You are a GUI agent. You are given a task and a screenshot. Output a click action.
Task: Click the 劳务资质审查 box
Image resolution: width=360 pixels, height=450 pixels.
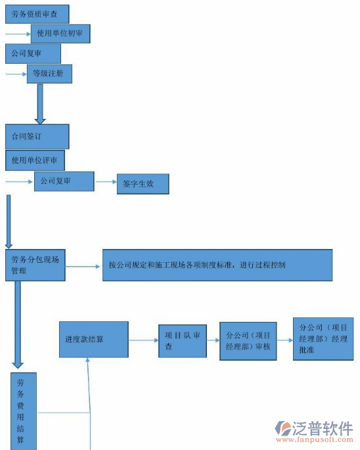(x=37, y=13)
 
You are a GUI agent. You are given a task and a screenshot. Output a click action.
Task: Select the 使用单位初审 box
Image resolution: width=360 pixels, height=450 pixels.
(x=60, y=34)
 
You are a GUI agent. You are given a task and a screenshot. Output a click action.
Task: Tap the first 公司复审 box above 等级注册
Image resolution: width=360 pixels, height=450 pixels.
(x=33, y=53)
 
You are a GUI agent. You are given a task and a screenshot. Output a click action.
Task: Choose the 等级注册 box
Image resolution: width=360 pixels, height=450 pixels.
(x=49, y=74)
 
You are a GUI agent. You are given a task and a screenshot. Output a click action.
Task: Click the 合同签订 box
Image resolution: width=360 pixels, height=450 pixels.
(x=37, y=136)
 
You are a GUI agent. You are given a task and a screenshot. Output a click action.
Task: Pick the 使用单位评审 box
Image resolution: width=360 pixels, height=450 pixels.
(x=35, y=160)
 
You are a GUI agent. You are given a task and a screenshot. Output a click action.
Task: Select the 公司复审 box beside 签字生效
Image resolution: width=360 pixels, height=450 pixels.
(x=64, y=181)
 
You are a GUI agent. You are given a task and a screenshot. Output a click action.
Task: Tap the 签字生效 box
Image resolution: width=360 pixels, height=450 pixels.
(x=142, y=184)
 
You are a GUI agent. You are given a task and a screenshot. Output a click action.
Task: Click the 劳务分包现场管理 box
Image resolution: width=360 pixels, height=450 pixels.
(x=35, y=265)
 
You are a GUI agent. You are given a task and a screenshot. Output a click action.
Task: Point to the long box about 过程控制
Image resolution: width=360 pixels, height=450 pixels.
(x=217, y=265)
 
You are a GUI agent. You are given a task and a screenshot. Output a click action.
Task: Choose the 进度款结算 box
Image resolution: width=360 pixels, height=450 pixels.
(x=93, y=340)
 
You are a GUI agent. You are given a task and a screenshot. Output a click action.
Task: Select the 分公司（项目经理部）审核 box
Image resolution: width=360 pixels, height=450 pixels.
(x=248, y=341)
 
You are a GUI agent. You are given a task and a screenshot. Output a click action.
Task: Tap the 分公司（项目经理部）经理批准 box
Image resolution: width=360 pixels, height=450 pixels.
(x=323, y=338)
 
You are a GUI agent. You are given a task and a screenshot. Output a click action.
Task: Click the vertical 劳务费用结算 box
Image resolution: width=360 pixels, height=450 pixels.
(x=24, y=411)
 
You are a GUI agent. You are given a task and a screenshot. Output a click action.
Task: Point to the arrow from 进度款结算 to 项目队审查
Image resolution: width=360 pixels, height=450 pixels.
(x=143, y=340)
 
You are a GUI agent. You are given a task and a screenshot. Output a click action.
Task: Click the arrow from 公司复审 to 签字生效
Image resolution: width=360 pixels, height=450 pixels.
(x=105, y=182)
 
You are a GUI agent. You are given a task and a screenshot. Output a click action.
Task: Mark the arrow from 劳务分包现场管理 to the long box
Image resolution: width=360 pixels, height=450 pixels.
(x=83, y=266)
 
